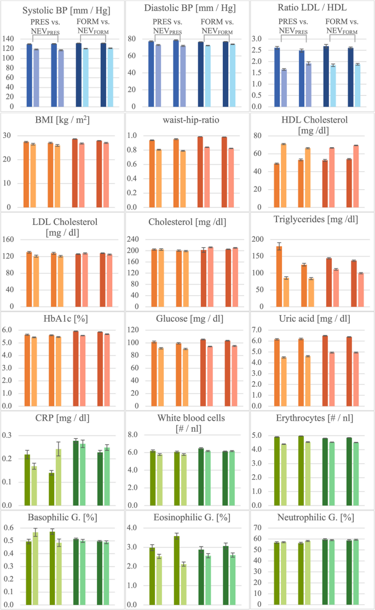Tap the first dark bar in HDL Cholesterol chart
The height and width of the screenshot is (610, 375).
[277, 185]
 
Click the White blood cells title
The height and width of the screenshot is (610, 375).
[187, 423]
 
